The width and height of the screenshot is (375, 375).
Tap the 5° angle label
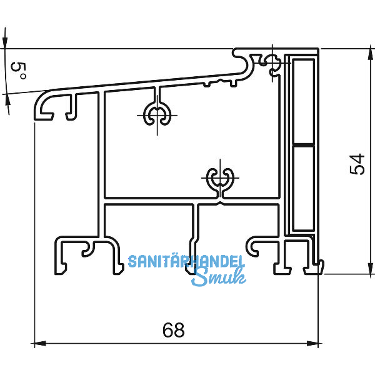point(19,70)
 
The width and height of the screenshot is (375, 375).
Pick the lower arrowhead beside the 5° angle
point(7,100)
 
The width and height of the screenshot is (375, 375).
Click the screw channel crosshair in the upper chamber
point(156,115)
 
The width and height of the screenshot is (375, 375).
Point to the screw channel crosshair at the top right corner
point(272,61)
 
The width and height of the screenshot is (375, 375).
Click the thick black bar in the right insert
point(302,145)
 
